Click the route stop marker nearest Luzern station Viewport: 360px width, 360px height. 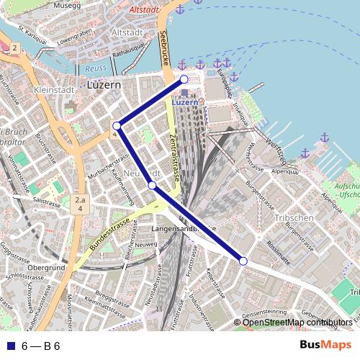[184, 79]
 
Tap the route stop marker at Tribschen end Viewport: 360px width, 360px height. [243, 261]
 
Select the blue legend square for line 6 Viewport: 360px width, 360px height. [9, 346]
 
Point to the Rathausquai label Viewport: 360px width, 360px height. [130, 52]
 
